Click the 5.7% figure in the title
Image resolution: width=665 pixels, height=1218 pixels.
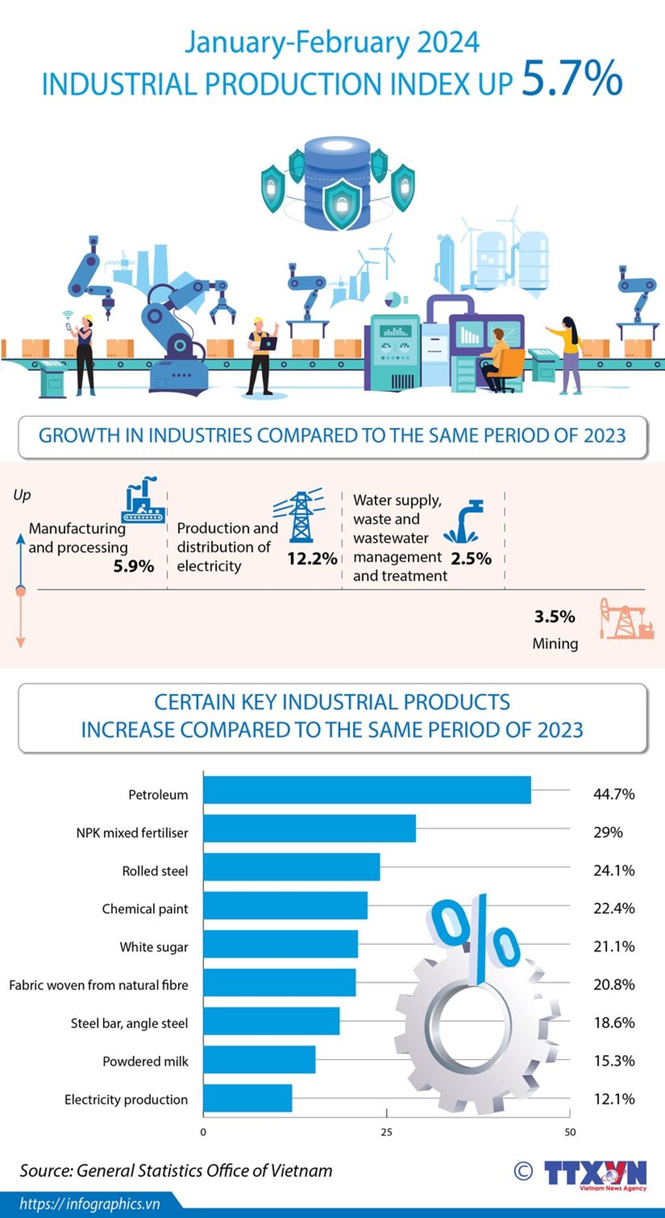(571, 79)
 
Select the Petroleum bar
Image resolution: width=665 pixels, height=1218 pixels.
(367, 790)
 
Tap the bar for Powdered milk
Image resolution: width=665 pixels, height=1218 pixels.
(259, 1059)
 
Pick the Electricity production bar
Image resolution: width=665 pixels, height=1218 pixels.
(247, 1098)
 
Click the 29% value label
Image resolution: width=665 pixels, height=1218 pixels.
(608, 832)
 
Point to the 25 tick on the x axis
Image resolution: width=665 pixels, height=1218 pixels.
(386, 1132)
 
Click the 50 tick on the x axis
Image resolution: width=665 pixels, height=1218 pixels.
(570, 1132)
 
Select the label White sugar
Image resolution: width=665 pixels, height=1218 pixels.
(154, 947)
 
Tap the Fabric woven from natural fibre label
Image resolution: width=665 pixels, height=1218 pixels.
(99, 985)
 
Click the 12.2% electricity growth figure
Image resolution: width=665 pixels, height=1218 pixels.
(312, 559)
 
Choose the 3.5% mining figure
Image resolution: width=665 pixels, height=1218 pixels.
(555, 616)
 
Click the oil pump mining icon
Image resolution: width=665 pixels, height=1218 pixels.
(626, 619)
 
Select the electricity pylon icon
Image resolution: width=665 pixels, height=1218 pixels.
(299, 516)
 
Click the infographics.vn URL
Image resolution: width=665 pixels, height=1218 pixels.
(90, 1204)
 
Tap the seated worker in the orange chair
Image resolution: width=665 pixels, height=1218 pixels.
(498, 360)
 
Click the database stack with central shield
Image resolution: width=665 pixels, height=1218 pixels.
(338, 184)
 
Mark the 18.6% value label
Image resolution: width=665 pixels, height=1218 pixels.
(614, 1022)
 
